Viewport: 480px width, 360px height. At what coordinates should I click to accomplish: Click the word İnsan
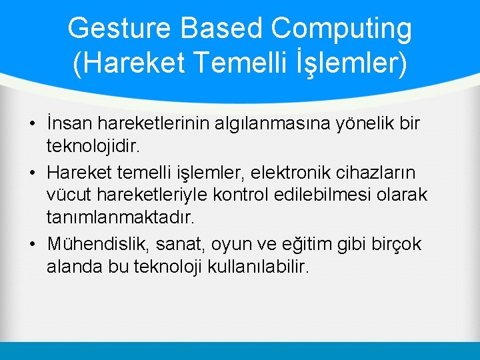69,124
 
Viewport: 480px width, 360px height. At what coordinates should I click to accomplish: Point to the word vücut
65,194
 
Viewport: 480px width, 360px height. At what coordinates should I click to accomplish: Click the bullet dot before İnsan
32,125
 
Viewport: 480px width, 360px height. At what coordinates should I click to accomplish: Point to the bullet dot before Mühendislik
32,245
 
